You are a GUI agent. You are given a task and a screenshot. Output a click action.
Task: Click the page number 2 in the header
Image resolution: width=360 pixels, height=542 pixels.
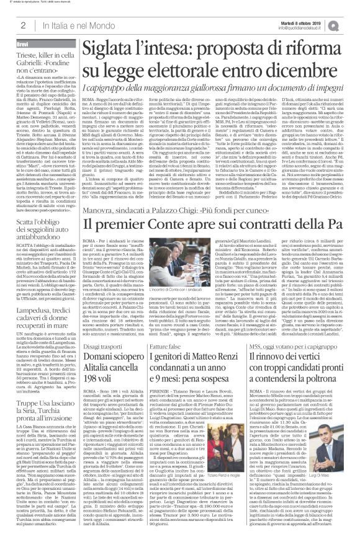click(x=23, y=25)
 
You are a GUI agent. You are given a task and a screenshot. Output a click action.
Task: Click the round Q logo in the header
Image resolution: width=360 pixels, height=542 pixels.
click(x=351, y=24)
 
